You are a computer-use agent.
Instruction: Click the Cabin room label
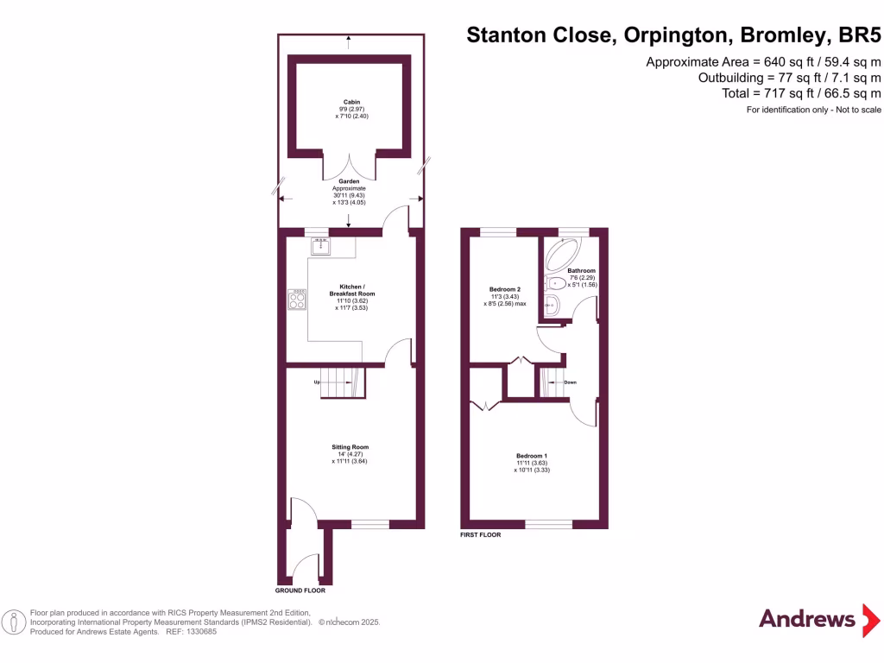tap(350, 102)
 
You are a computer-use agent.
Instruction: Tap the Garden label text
tap(350, 182)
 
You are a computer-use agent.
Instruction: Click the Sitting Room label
tap(350, 447)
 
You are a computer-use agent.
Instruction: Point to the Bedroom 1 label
tap(532, 456)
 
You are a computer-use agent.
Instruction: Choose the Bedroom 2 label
tap(505, 289)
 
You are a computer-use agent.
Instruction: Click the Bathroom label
tap(581, 270)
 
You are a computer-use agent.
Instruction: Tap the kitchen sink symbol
tap(321, 247)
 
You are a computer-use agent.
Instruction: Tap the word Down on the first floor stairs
tap(570, 382)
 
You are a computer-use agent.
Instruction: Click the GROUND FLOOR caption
tap(300, 591)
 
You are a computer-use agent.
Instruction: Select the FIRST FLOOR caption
tap(481, 535)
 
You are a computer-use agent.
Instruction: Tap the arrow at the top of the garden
tap(348, 38)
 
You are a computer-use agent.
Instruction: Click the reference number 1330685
tap(200, 632)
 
